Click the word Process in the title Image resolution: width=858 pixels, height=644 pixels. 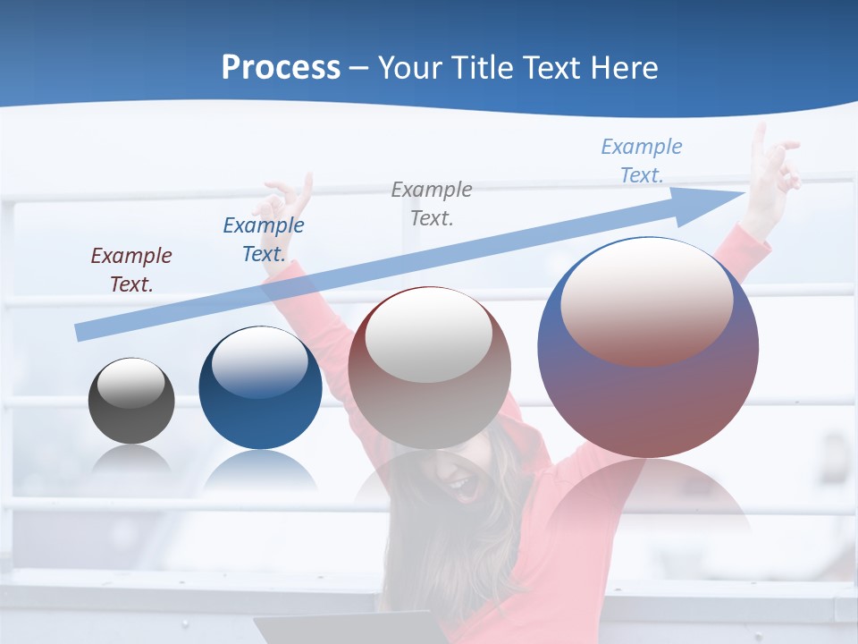coord(281,67)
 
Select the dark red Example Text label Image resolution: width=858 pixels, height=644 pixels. coord(130,269)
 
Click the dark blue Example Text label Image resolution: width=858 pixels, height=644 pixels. coord(263,239)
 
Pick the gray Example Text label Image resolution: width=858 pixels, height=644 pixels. coord(431,203)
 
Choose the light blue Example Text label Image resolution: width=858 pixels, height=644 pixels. coord(641,160)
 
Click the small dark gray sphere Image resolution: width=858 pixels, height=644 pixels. coord(131,401)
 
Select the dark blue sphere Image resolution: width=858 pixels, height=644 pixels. coord(260,388)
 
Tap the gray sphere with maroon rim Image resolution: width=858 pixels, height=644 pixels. coord(429,368)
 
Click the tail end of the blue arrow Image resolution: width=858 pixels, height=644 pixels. coord(80,332)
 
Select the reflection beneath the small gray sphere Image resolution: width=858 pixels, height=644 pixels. coord(131,460)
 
